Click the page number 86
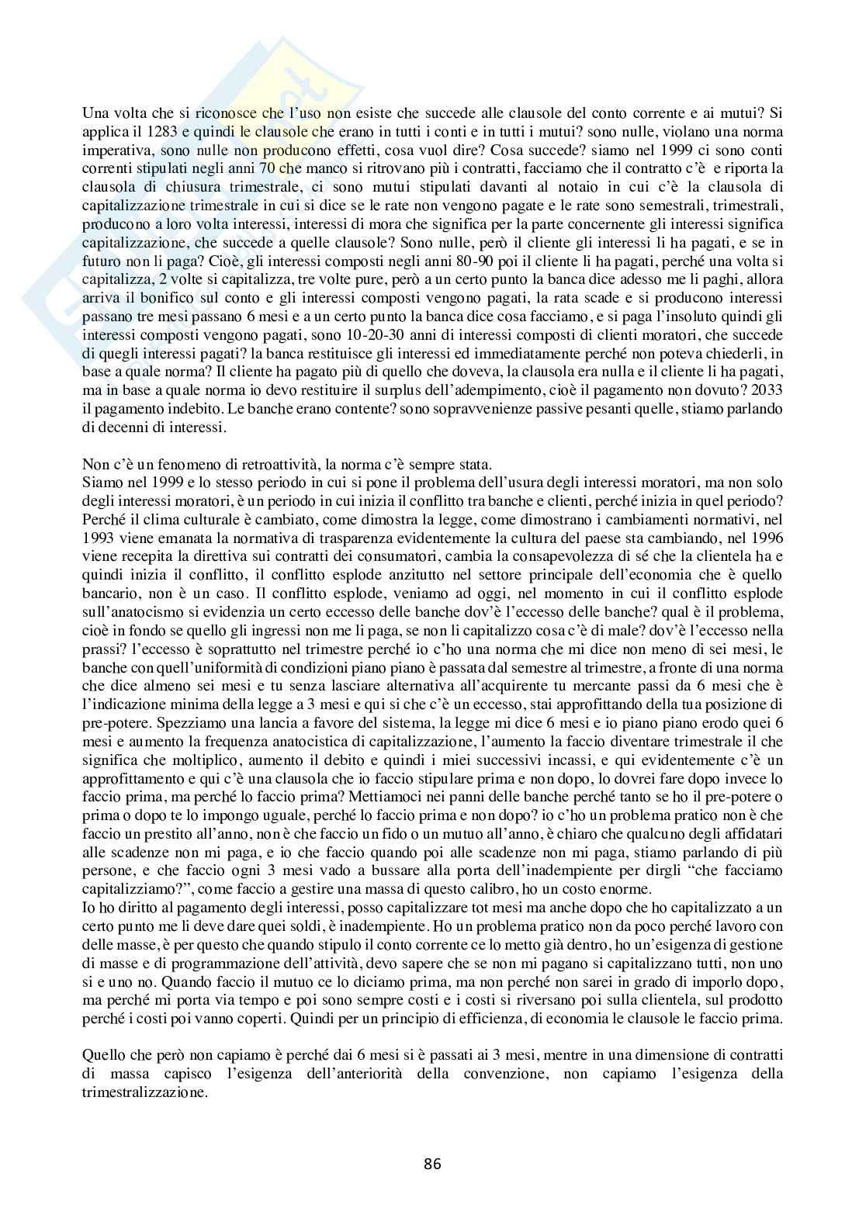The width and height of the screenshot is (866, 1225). [432, 1164]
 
